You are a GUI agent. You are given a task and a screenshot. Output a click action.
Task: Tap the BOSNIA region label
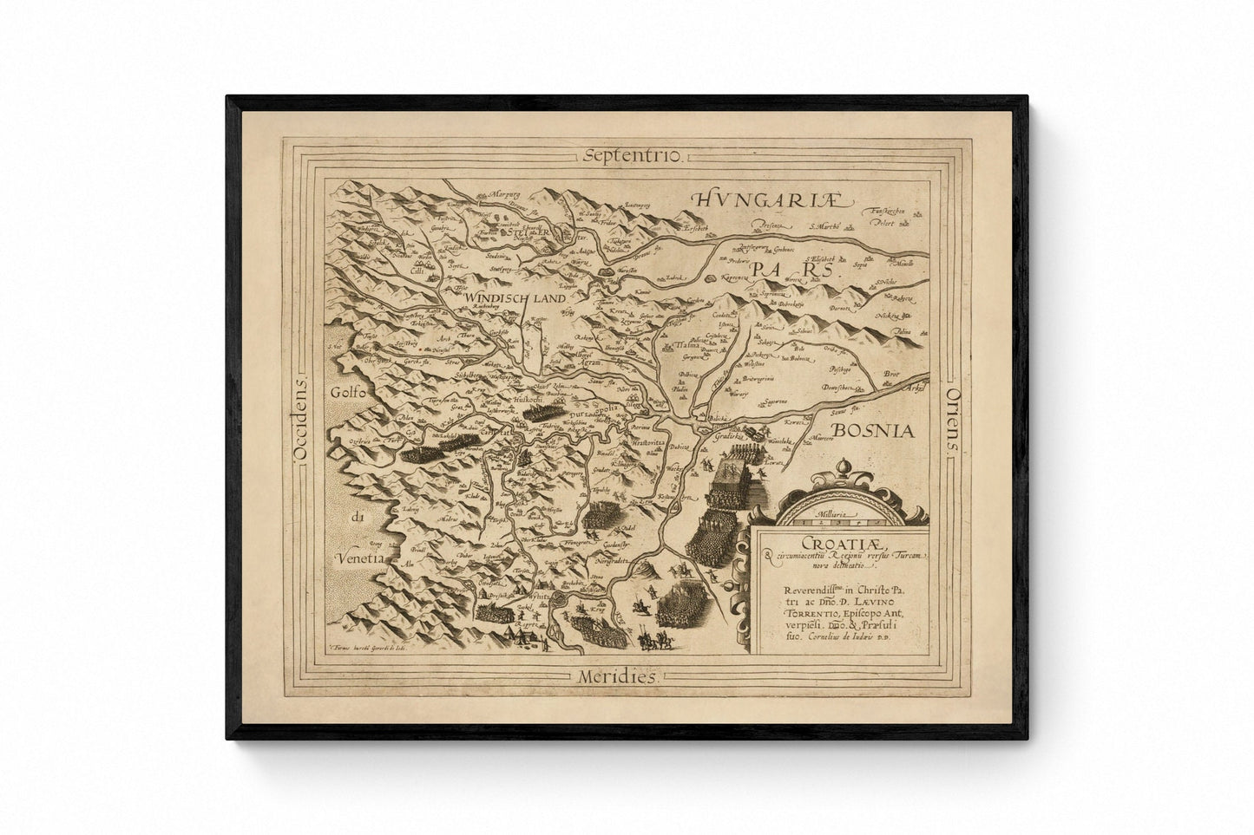tap(870, 429)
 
